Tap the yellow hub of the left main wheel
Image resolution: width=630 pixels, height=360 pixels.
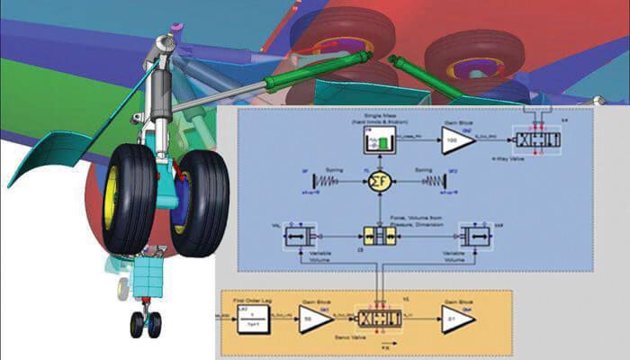112,195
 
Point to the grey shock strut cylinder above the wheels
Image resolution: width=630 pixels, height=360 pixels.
162,99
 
